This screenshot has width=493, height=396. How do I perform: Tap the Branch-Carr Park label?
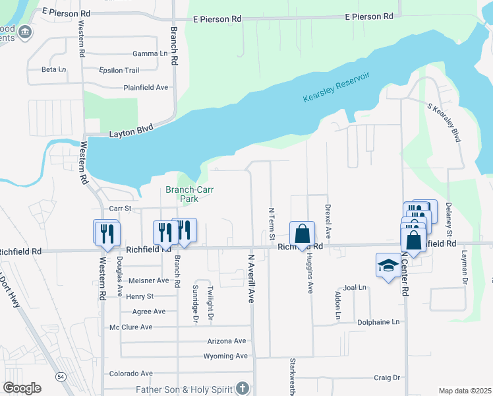tap(182, 194)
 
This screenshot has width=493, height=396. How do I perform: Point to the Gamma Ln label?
tap(150, 53)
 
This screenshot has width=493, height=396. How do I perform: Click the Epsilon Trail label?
tap(119, 70)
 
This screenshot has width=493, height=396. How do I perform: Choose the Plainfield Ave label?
tap(146, 87)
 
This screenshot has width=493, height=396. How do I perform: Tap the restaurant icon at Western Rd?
tap(106, 233)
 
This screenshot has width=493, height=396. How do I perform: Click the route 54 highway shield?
tap(61, 376)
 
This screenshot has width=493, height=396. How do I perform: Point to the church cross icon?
tap(243, 387)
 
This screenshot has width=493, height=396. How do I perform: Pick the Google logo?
tap(22, 388)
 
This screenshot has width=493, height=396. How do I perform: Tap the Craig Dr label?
tap(387, 378)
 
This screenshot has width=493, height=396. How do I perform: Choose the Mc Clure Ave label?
tap(130, 327)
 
